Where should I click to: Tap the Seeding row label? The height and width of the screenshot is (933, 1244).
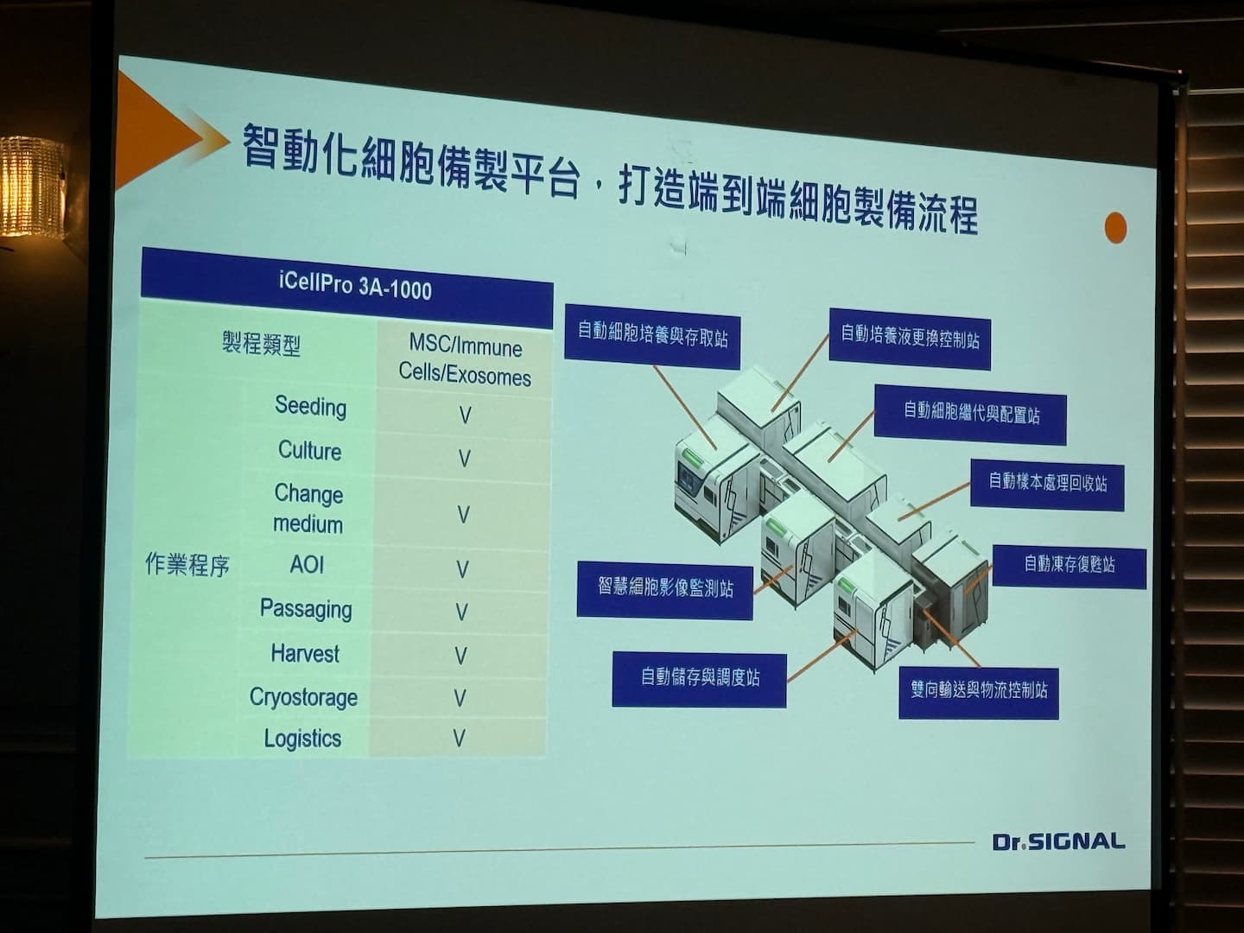[311, 407]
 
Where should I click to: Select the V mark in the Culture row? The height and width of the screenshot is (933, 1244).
[464, 458]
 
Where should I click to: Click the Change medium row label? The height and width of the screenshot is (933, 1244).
[308, 509]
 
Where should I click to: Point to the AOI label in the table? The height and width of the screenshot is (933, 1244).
[307, 564]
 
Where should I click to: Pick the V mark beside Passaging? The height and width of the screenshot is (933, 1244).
[462, 612]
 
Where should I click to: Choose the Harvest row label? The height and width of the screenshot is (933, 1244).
[305, 653]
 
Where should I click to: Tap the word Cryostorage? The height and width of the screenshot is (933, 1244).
[303, 697]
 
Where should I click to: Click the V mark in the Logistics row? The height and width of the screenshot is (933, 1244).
[459, 738]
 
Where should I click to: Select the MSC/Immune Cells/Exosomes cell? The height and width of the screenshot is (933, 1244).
[465, 361]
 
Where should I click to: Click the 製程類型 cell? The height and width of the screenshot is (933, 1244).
[261, 344]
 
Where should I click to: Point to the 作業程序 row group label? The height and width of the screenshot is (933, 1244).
[187, 564]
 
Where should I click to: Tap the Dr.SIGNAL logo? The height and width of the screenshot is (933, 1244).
[1058, 841]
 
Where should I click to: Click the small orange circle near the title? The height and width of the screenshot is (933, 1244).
[1115, 228]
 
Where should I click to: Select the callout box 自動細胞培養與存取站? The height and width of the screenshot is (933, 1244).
[652, 337]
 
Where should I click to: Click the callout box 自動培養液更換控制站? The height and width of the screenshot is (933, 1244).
[910, 339]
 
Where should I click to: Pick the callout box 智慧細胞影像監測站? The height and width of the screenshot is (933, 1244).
[665, 589]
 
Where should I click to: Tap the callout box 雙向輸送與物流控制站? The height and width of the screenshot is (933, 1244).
[979, 692]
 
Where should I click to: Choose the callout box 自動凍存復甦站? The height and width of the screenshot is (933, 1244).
[1069, 566]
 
